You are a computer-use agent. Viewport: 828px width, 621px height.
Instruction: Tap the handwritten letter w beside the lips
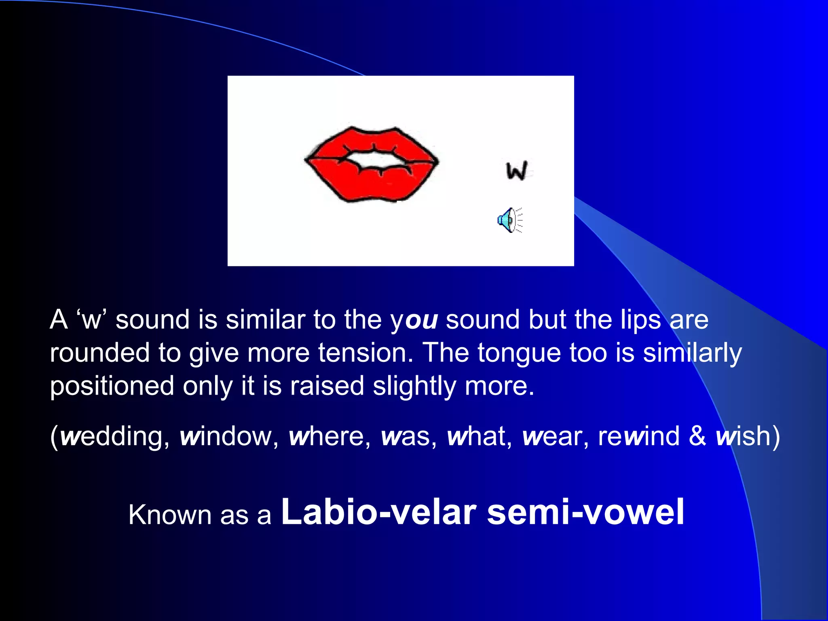(x=517, y=170)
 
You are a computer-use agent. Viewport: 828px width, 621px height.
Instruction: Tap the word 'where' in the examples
(x=327, y=437)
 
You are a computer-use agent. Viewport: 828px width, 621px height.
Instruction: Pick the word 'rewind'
(x=639, y=437)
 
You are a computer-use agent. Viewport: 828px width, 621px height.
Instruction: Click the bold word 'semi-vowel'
(x=585, y=513)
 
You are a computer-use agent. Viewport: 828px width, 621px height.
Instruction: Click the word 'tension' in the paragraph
(x=365, y=353)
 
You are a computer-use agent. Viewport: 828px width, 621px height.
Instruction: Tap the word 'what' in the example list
(x=477, y=437)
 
